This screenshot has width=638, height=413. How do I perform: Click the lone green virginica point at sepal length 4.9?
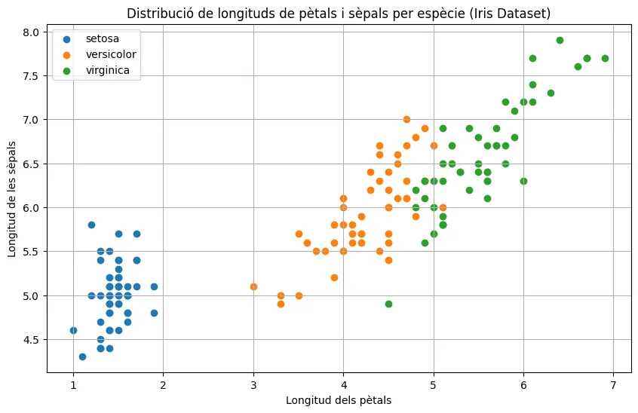(388, 304)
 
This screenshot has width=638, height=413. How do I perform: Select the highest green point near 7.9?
(560, 40)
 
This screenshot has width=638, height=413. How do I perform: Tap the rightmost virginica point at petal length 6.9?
(605, 58)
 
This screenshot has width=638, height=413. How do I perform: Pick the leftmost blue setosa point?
(73, 330)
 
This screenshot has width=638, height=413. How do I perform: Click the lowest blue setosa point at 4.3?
(82, 356)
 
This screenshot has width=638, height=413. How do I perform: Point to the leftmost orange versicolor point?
(253, 286)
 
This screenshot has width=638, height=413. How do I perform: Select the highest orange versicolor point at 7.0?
(406, 119)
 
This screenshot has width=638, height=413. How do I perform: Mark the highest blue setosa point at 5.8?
(91, 225)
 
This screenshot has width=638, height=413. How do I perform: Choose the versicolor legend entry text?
(109, 54)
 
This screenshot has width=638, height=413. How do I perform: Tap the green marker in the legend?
(66, 70)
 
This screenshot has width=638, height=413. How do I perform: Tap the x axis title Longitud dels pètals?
(339, 400)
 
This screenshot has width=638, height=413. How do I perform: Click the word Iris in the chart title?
(483, 13)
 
